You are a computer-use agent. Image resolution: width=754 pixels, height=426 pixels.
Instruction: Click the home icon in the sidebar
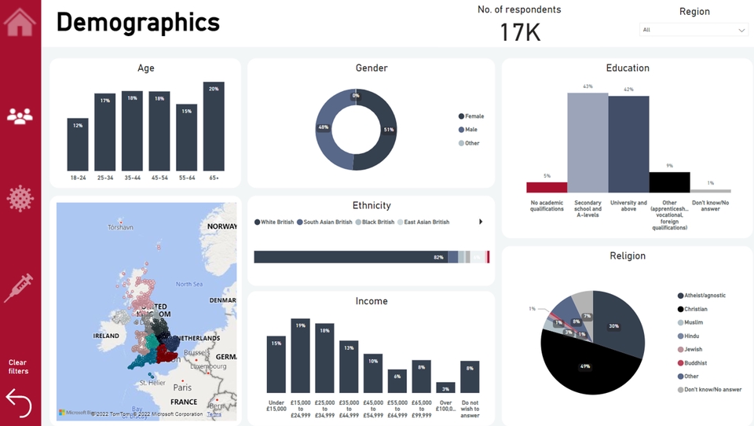20,21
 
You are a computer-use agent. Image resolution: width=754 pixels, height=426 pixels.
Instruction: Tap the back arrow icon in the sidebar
19,403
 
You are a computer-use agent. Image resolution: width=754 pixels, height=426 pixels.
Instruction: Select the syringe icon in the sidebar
19,288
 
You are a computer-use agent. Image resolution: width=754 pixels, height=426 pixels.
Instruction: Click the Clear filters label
18,367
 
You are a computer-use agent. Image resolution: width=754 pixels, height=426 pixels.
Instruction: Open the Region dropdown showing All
694,30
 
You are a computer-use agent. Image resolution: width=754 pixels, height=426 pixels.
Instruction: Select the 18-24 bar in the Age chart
78,145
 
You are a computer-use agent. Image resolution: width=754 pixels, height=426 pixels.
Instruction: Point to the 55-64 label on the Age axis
186,178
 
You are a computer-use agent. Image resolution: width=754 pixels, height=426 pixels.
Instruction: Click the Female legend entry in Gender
474,116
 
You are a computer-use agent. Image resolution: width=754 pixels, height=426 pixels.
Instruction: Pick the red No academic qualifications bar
547,187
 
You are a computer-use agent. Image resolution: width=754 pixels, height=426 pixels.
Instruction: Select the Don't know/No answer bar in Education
710,191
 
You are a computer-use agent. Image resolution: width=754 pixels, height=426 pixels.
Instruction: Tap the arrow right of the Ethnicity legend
480,222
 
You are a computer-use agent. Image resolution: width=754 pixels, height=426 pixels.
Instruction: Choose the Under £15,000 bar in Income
276,364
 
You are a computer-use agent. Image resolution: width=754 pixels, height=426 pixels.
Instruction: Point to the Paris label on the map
182,387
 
